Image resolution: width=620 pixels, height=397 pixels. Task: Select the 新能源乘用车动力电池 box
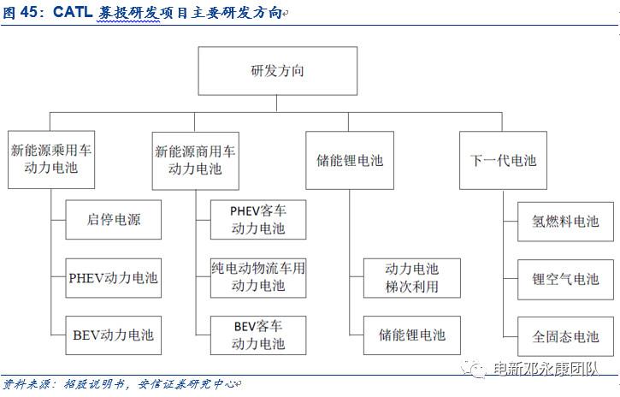50,159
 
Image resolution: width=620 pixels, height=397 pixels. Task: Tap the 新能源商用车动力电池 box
195,159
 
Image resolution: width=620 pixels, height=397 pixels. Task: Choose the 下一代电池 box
503,159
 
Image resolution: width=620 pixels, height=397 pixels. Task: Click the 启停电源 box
114,220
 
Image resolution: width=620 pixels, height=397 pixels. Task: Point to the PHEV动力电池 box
114,278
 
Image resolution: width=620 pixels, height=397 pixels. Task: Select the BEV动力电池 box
114,335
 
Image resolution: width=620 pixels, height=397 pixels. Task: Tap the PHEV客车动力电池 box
258,220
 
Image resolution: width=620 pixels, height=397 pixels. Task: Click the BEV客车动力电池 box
258,335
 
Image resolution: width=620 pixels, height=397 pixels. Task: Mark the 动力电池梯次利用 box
411,278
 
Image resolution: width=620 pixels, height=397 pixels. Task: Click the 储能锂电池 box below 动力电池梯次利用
411,335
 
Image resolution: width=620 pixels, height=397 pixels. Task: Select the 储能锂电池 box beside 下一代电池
350,159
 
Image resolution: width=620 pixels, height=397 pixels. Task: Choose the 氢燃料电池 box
565,220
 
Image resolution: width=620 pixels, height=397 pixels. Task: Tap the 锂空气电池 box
565,278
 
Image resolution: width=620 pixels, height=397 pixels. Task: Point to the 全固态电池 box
565,335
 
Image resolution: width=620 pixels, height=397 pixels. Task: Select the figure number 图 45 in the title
21,12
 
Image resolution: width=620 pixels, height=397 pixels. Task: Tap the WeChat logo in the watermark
473,369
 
